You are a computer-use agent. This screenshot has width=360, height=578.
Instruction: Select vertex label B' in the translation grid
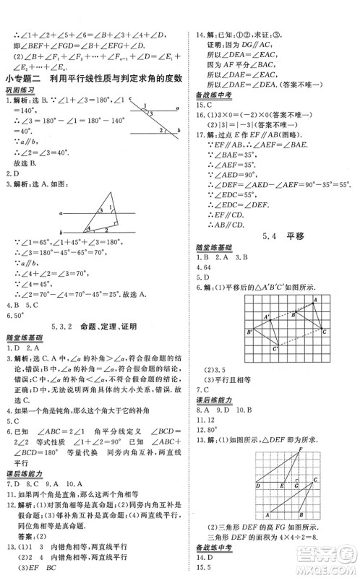click(249, 332)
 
